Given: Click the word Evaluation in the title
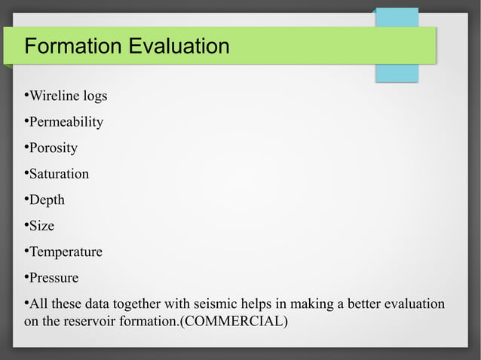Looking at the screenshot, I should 179,47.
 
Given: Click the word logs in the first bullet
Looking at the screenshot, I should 94,96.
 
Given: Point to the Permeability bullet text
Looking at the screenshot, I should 66,122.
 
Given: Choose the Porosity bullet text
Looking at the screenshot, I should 53,148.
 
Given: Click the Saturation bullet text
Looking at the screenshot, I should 59,174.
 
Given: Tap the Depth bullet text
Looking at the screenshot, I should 47,200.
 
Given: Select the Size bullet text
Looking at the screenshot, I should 41,226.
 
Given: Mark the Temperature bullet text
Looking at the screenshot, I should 66,252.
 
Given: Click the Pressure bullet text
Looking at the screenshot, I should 54,278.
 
